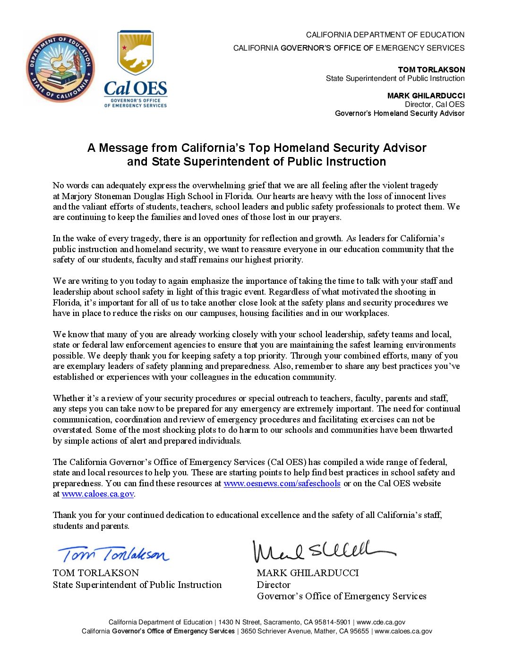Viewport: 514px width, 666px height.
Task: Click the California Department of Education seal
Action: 60,68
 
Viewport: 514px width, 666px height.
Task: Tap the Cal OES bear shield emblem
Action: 136,53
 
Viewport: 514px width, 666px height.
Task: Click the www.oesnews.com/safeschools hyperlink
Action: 282,483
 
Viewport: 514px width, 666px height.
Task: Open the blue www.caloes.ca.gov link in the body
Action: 98,494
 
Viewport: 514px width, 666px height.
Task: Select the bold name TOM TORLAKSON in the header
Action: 431,70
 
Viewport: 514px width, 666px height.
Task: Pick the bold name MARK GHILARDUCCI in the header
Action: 426,96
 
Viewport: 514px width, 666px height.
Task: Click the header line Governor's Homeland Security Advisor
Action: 400,114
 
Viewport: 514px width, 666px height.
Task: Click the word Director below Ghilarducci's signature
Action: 274,585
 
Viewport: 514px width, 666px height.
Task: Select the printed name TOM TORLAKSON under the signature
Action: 96,573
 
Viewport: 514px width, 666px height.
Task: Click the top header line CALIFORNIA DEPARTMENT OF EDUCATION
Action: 385,35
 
